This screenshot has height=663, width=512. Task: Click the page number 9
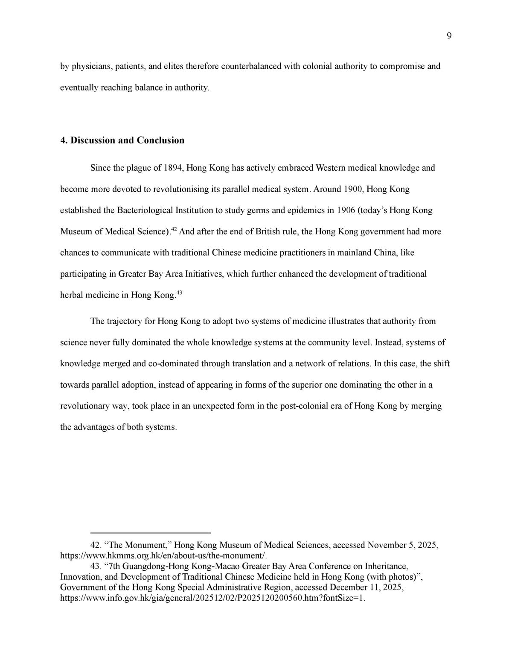pos(449,36)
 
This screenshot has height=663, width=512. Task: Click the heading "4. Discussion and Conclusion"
pos(122,140)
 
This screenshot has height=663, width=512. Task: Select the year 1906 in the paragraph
pos(346,210)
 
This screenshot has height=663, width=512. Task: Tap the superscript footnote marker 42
pos(174,229)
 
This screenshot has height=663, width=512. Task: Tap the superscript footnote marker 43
pos(179,292)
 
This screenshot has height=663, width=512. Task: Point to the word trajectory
pos(124,321)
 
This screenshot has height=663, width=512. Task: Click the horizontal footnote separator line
pos(151,533)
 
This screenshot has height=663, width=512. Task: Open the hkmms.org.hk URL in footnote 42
pos(163,556)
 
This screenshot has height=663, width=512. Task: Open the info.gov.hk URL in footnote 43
pos(213,598)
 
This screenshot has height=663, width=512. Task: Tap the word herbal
pos(72,295)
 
